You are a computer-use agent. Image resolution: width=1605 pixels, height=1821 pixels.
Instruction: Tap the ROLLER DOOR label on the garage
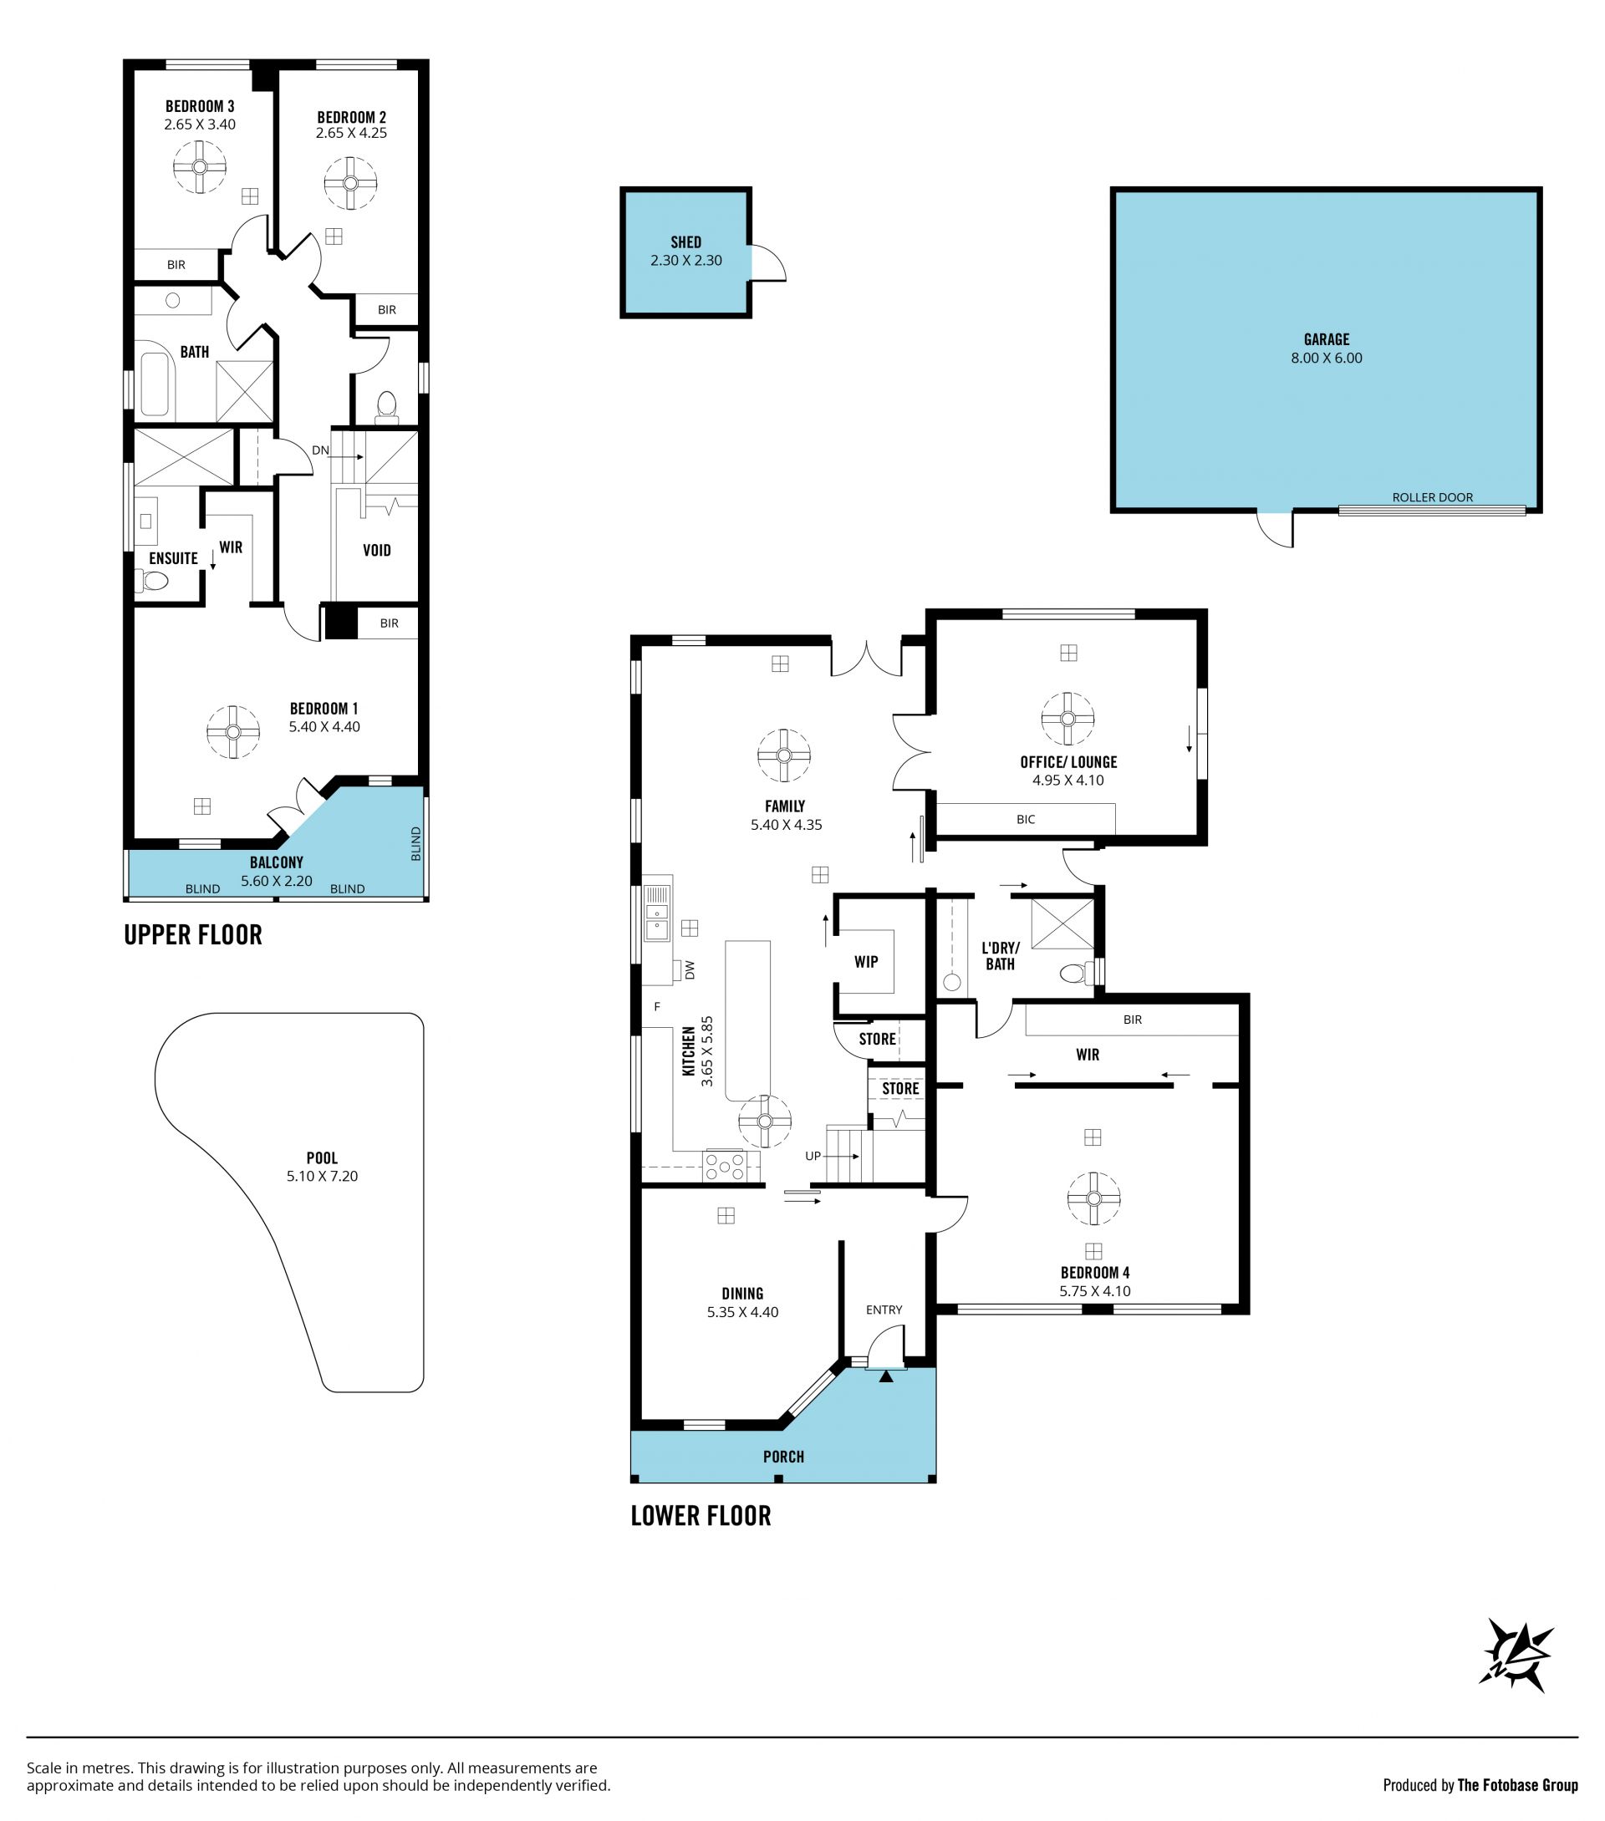(1432, 497)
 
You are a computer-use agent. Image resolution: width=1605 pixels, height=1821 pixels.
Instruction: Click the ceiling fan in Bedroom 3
(200, 166)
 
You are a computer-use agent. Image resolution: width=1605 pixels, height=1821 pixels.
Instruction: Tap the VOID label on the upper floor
(377, 550)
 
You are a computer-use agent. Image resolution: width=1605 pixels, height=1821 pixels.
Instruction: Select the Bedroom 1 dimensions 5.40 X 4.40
(324, 726)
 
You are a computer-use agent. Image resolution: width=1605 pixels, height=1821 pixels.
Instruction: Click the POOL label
(322, 1157)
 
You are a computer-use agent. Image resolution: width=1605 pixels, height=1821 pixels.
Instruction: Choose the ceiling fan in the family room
(783, 755)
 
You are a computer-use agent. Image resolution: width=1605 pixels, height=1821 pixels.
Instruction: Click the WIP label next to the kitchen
(866, 961)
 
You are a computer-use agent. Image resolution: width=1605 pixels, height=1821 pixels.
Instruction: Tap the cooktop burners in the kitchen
(725, 1166)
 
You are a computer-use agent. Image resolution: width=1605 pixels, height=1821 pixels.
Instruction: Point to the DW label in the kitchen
(690, 970)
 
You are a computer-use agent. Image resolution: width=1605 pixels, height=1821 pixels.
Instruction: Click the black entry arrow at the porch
(886, 1376)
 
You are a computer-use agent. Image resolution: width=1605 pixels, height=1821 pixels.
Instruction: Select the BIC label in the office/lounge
(1026, 819)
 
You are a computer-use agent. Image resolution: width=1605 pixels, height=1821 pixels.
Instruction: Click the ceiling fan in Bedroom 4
(1093, 1198)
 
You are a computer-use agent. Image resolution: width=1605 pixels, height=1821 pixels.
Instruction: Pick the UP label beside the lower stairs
(813, 1156)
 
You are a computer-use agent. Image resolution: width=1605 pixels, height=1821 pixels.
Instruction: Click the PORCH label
(783, 1457)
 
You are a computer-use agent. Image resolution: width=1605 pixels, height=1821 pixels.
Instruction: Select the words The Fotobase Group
(1518, 1784)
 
